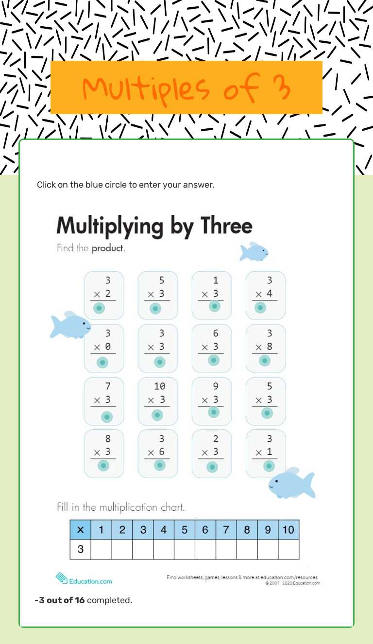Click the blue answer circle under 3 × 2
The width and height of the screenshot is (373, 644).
point(99,308)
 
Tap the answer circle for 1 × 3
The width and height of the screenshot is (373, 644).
point(214,306)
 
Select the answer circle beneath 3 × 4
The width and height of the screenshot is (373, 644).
point(260,308)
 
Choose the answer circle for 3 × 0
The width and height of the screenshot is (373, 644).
point(102,362)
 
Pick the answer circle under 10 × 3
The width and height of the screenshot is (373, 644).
point(157,415)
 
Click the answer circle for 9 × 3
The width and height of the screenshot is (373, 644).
point(214,412)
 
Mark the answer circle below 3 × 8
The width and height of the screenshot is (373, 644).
point(265,361)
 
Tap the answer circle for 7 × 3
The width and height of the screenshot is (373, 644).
point(107,417)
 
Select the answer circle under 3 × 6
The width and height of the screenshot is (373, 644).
point(160,465)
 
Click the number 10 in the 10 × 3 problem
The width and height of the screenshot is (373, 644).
point(159,386)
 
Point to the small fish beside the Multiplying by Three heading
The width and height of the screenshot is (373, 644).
point(254,252)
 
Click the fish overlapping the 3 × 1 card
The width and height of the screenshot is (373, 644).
point(291,483)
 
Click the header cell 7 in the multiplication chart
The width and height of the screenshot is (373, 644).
point(226,530)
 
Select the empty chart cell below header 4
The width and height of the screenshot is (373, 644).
point(164,549)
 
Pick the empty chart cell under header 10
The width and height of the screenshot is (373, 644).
point(288,549)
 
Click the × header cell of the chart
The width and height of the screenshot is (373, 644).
point(80,530)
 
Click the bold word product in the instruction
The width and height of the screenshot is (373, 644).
point(108,248)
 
